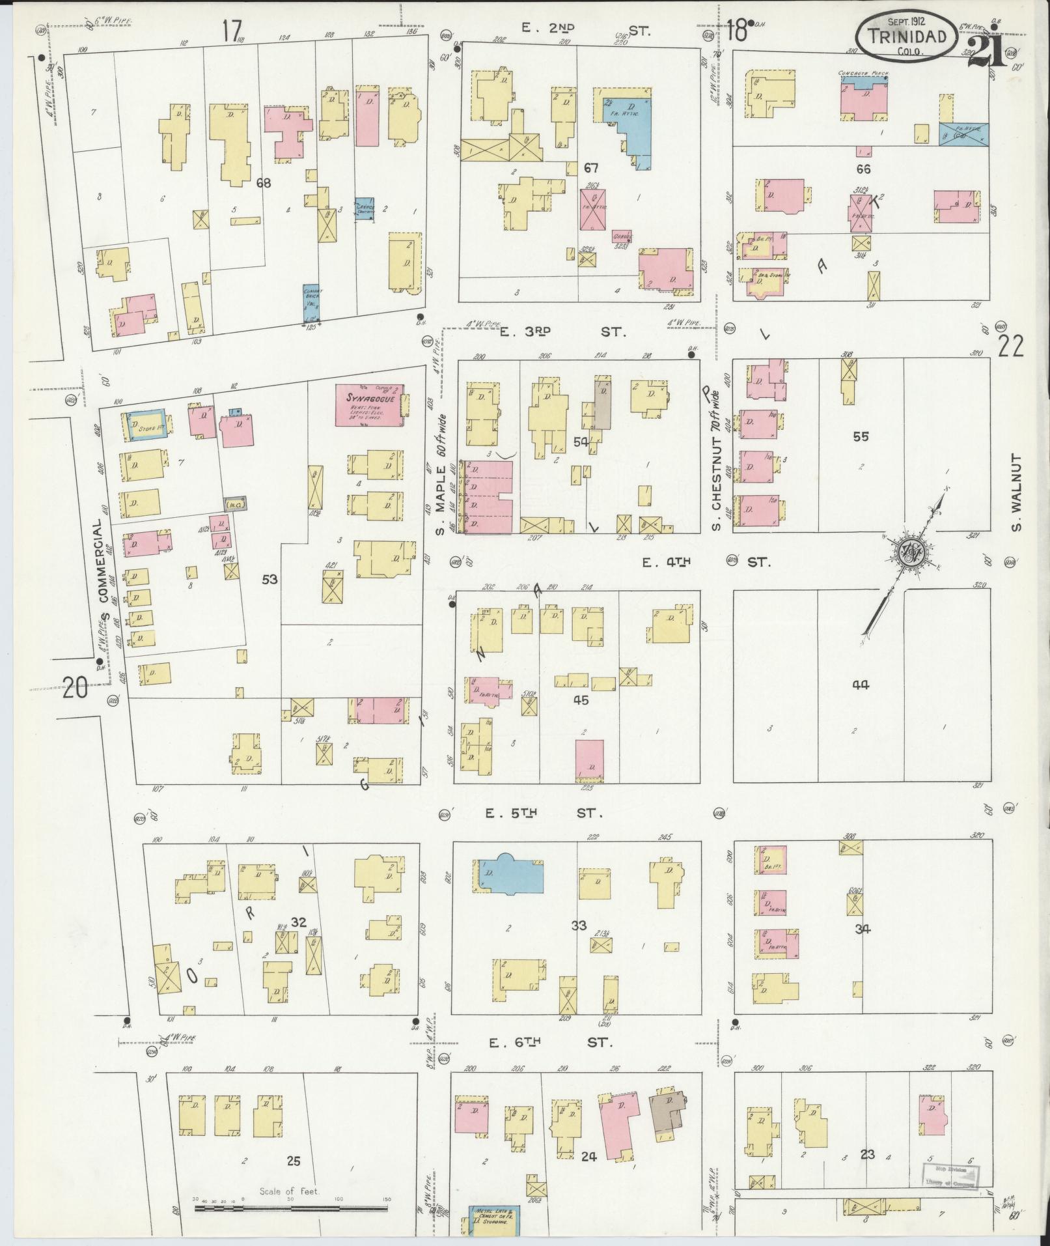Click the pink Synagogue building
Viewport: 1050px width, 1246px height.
pos(369,406)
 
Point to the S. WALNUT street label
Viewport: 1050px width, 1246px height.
pos(1017,493)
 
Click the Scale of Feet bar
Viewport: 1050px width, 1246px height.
pos(290,1208)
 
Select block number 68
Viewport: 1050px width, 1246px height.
pos(263,183)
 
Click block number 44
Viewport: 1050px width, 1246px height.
pos(861,685)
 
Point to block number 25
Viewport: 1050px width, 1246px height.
pos(294,1160)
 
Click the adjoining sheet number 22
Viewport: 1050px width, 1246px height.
pos(1010,346)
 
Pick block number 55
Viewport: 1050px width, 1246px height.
pos(861,436)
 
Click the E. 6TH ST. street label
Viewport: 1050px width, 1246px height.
pos(549,1043)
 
